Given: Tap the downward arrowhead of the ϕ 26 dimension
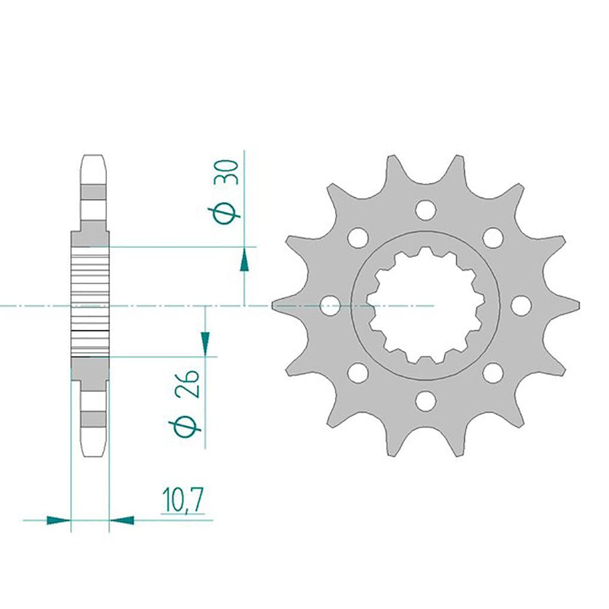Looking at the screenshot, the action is point(205,343).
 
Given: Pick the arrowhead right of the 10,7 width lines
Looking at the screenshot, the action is point(121,520).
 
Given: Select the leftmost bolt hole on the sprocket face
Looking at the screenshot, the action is point(331,305).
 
